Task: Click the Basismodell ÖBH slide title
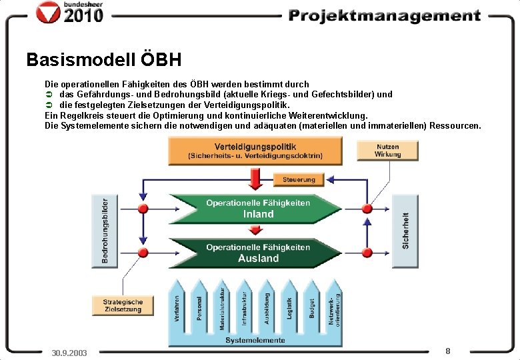coord(103,60)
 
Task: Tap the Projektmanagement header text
coord(384,15)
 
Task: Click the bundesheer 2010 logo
coord(71,13)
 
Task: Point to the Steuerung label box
coord(299,180)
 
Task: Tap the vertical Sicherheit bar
coord(405,230)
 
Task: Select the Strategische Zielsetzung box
coord(122,305)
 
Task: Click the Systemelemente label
coord(255,340)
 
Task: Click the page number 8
coord(448,350)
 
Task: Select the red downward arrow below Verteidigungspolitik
coord(254,178)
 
